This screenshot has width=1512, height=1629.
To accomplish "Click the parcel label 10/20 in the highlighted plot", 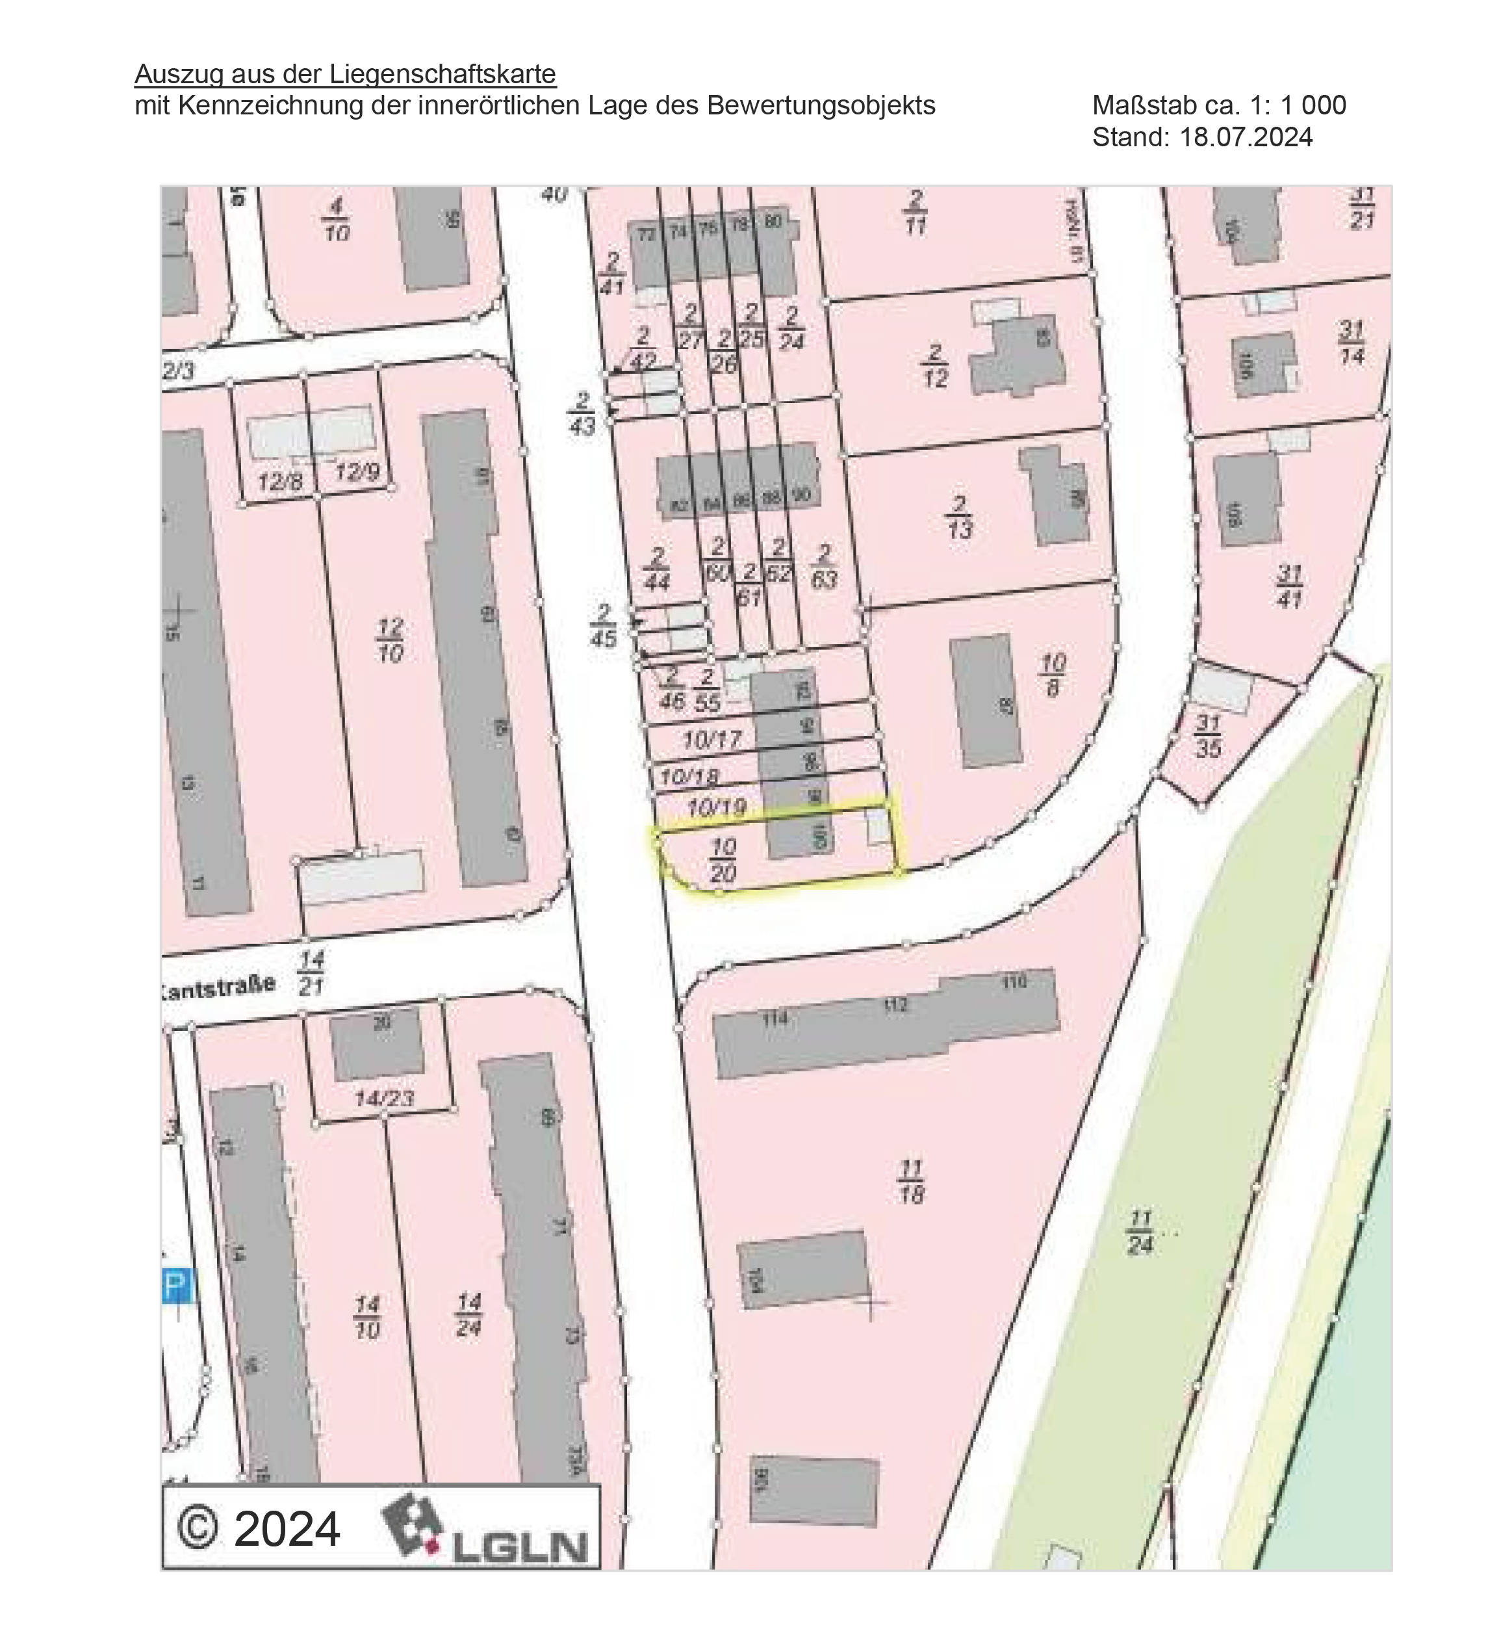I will (723, 859).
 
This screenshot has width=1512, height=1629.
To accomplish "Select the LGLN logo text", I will (520, 1546).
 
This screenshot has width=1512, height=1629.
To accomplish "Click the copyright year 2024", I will (287, 1528).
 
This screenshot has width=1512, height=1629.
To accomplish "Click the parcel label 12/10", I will (391, 641).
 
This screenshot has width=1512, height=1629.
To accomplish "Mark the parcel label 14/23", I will (385, 1099).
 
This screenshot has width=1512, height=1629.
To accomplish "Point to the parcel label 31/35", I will (1208, 735).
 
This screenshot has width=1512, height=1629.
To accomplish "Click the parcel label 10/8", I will (1053, 675).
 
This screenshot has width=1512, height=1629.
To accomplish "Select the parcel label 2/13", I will (959, 517).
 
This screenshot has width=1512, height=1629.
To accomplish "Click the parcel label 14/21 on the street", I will (311, 972).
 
